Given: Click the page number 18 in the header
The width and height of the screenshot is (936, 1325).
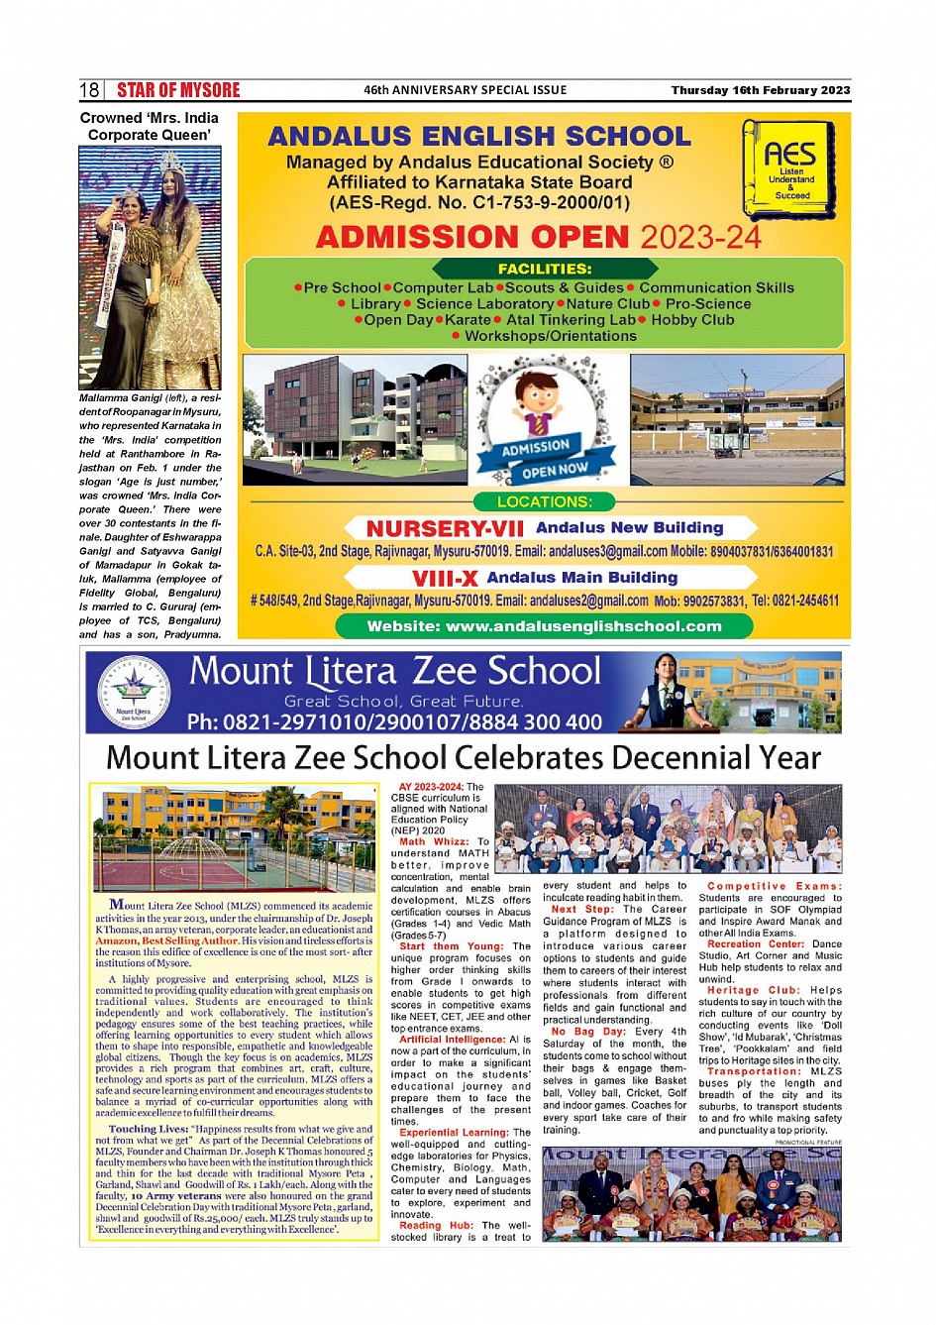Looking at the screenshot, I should [x=89, y=90].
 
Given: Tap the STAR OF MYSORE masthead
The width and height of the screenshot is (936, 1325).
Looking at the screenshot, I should [x=178, y=90].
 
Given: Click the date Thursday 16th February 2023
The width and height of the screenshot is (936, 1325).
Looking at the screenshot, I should [x=760, y=90].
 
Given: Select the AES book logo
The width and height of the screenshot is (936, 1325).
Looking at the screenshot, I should [x=789, y=168].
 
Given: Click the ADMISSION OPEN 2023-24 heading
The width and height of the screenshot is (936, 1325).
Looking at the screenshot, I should [x=538, y=238].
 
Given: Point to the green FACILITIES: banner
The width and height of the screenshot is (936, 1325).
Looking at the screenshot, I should [x=545, y=269].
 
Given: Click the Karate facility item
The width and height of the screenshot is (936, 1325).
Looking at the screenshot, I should [x=468, y=320].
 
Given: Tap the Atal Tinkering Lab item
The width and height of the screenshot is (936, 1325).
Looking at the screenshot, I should [x=571, y=320].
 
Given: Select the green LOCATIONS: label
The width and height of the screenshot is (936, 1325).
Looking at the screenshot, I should [x=544, y=502].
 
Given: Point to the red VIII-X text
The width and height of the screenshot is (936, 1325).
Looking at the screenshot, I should [x=445, y=579].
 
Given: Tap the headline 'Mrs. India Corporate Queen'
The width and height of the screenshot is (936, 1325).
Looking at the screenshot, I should [x=150, y=126].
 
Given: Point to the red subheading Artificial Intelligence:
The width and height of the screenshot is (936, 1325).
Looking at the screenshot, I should [x=452, y=1040].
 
